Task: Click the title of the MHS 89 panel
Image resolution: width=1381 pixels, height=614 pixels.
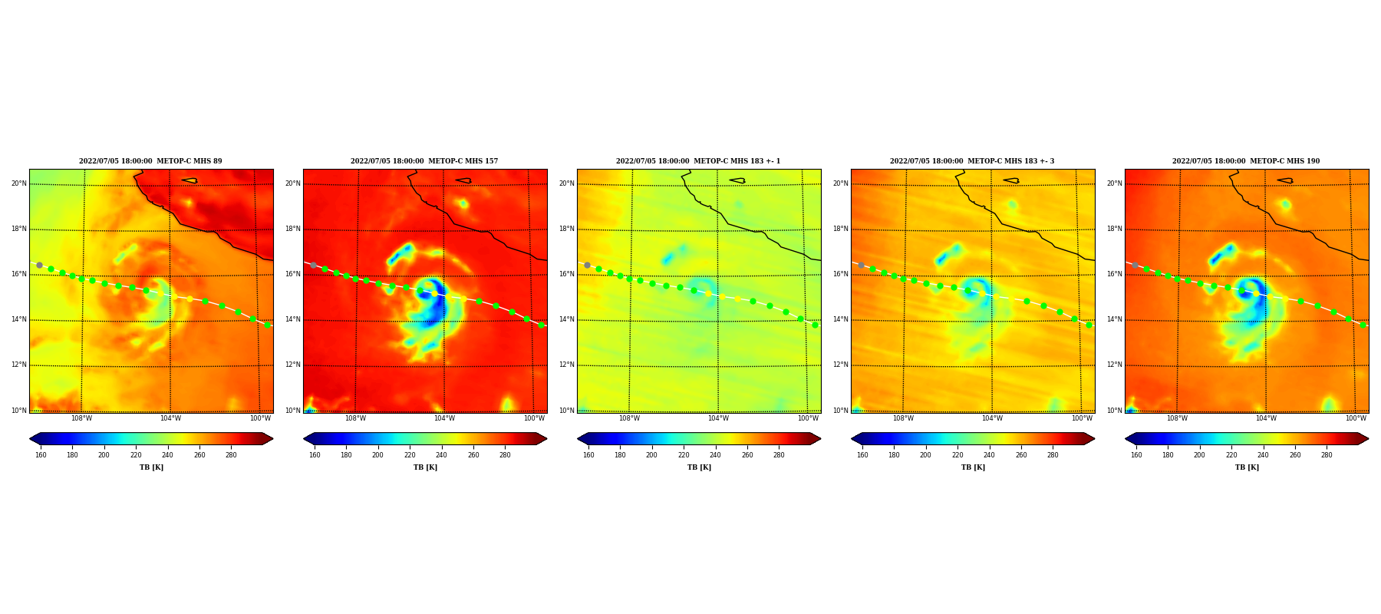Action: [x=150, y=161]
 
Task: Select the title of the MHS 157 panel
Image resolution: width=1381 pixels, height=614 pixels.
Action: [x=424, y=161]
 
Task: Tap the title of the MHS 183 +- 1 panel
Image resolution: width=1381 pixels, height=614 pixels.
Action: [x=698, y=161]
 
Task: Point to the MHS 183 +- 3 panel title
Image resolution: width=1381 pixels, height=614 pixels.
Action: [x=972, y=161]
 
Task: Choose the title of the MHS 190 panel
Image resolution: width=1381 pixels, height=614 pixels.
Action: [x=1246, y=161]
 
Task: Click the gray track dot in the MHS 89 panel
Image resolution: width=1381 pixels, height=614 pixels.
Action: [x=39, y=265]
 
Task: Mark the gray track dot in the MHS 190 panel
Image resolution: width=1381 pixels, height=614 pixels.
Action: [x=1135, y=265]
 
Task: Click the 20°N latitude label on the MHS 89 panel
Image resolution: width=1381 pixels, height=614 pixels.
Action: [x=19, y=183]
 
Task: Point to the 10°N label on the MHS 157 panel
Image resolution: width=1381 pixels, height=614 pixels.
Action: [x=293, y=411]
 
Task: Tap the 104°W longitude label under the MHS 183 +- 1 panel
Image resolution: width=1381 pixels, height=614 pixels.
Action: [x=718, y=418]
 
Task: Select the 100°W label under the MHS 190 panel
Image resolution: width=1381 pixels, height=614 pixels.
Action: [x=1356, y=418]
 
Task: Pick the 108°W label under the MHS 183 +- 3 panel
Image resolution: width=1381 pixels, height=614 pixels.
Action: [x=903, y=418]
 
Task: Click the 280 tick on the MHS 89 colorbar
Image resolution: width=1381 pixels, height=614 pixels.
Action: [x=231, y=455]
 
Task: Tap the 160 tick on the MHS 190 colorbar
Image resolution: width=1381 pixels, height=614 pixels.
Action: [x=1136, y=455]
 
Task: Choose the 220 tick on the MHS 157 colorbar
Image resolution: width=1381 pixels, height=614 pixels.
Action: [x=410, y=455]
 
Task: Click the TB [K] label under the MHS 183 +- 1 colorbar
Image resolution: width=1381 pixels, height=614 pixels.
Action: [x=699, y=467]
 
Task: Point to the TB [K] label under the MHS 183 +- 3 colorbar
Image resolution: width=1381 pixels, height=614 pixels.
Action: [x=973, y=467]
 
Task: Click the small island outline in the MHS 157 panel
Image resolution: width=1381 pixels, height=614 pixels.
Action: [x=463, y=181]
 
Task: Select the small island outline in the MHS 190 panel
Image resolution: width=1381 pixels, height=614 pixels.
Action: [x=1285, y=181]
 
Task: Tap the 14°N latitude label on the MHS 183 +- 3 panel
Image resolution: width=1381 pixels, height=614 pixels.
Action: [x=841, y=319]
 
